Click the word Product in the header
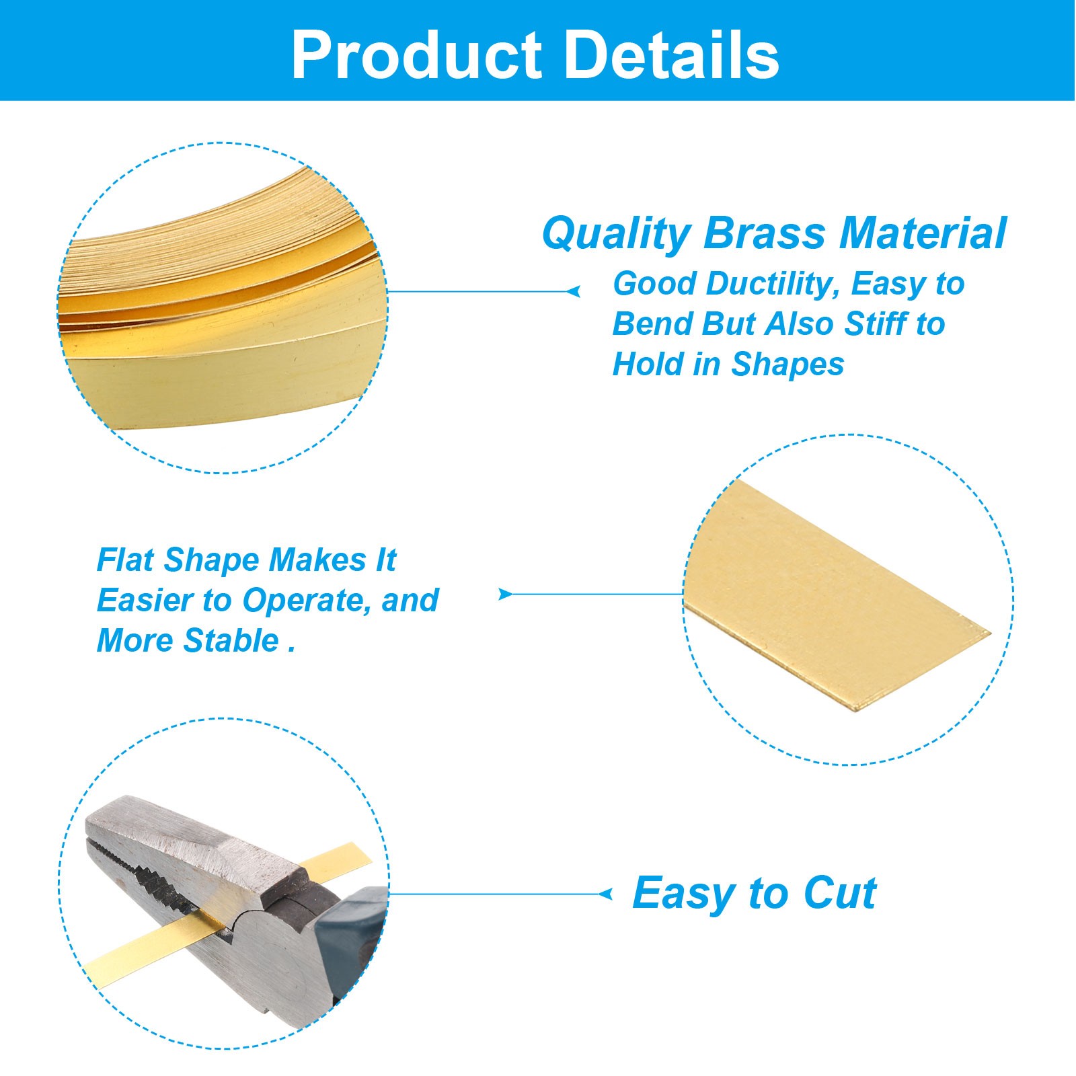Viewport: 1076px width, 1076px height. [x=417, y=55]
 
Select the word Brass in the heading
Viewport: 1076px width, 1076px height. [x=765, y=233]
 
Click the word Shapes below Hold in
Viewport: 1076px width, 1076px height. [x=787, y=365]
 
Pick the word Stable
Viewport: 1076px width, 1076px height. [x=231, y=640]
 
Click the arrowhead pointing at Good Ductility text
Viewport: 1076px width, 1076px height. [x=574, y=291]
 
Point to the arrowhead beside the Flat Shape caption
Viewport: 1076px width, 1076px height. [x=505, y=594]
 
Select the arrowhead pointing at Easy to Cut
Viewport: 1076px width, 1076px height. [x=605, y=894]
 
